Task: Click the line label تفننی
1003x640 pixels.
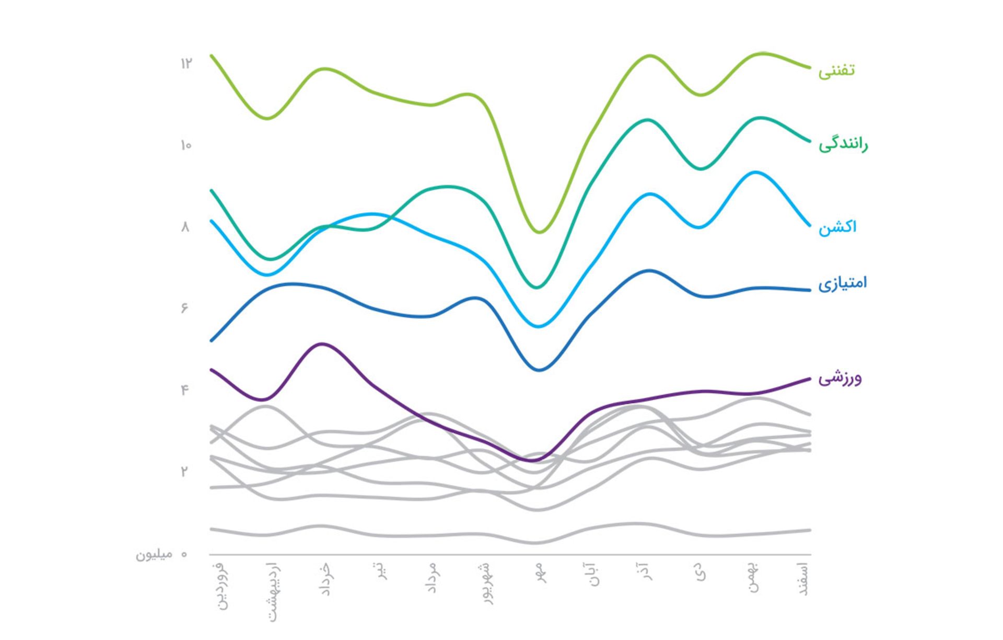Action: point(836,71)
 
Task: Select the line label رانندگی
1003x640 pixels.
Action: point(843,144)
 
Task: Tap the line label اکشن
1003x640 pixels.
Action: point(837,227)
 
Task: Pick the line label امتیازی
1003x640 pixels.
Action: point(842,283)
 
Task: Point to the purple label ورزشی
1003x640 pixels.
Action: point(839,378)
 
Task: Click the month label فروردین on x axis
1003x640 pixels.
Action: point(221,586)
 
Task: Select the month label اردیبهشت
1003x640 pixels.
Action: point(273,592)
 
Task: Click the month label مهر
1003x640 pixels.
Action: point(541,572)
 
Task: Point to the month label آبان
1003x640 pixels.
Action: point(594,574)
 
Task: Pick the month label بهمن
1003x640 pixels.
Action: point(753,577)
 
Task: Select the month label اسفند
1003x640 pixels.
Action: point(804,579)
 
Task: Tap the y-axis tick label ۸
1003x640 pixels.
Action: point(185,227)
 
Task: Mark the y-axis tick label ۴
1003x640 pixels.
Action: point(184,390)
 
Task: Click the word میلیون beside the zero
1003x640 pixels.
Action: point(154,554)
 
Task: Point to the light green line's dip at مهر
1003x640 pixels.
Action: point(540,232)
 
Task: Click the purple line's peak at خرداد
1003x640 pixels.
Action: point(322,344)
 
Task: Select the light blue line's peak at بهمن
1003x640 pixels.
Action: point(755,172)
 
